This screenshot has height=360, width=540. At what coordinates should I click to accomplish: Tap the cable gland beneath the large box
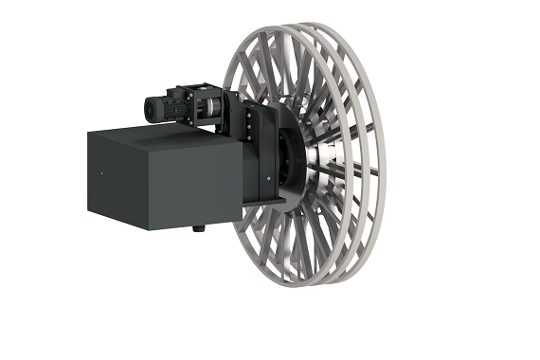coord(197,228)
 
